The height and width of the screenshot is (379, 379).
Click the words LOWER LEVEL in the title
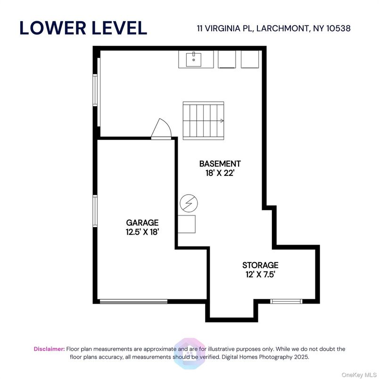click(x=83, y=28)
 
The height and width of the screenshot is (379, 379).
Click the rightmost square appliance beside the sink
click(x=250, y=59)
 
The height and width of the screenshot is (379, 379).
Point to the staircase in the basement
click(x=203, y=120)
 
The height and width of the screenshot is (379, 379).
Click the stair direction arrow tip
click(x=222, y=121)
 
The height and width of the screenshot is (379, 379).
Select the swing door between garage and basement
click(x=161, y=129)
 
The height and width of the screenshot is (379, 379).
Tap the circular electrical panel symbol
click(x=189, y=204)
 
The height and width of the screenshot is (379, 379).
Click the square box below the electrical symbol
click(x=186, y=223)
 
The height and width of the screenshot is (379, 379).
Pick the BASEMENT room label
click(x=220, y=164)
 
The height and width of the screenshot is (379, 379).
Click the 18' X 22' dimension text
click(x=220, y=173)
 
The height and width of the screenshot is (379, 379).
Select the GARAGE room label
click(x=142, y=222)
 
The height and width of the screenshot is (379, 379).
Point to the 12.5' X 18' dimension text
click(x=142, y=231)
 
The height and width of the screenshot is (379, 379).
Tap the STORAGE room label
click(x=260, y=265)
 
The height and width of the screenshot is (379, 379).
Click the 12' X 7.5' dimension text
click(x=260, y=274)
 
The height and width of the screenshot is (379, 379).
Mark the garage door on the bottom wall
click(x=133, y=301)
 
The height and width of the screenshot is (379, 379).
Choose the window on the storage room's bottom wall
click(x=286, y=301)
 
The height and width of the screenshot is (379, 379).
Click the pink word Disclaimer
click(x=49, y=349)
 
